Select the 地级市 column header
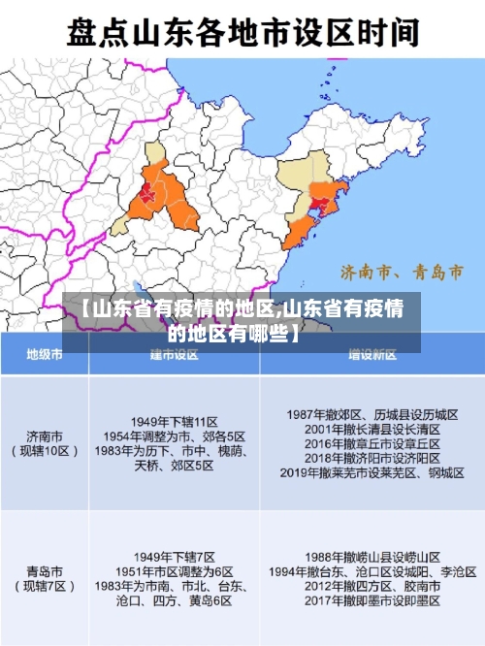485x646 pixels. click(45, 355)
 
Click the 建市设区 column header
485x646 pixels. click(175, 355)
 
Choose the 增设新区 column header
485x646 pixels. click(372, 355)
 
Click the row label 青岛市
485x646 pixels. click(45, 571)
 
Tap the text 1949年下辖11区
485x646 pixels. click(175, 422)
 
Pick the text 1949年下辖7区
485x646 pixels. click(175, 557)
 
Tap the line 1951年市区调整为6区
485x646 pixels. click(175, 571)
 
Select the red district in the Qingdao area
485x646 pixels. click(318, 205)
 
